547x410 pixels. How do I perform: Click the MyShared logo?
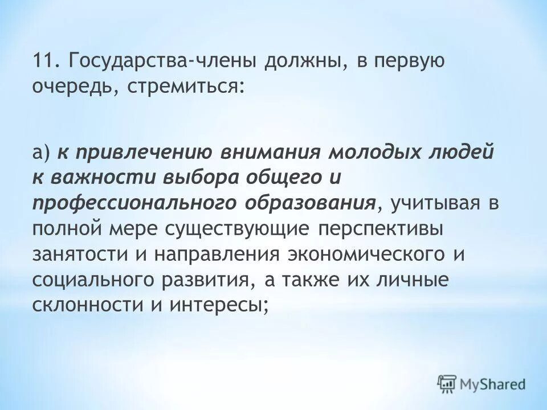481,383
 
